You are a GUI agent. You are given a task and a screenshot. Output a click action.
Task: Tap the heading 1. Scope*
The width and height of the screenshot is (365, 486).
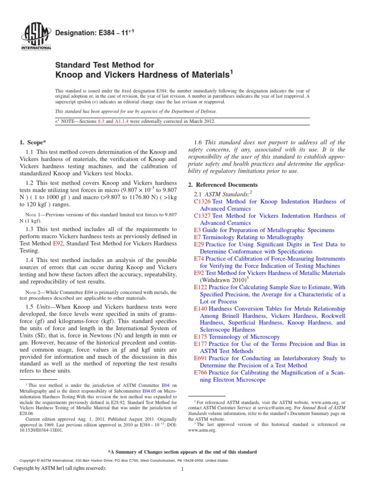coord(34,142)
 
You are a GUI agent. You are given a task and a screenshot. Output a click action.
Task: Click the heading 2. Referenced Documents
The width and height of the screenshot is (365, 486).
coord(226,185)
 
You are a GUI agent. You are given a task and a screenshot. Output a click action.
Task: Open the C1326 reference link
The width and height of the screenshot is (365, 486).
coord(202,201)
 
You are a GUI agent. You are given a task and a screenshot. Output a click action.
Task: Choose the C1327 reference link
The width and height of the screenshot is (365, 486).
coord(202,215)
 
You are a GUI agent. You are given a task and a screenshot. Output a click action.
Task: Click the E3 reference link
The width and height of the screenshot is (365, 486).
coord(197,230)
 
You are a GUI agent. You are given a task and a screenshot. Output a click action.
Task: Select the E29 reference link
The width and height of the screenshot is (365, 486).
coord(199,244)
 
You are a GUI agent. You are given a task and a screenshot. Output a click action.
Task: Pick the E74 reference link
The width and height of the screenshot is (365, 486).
coord(199,259)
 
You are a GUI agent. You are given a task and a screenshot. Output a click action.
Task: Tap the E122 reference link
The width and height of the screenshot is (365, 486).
coord(201,287)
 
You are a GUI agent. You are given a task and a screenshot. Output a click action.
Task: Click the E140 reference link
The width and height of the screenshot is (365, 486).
coord(201,308)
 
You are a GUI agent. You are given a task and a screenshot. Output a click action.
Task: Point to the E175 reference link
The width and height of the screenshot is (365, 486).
coord(201,337)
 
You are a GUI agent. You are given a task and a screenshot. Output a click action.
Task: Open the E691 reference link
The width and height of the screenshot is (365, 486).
coord(201,358)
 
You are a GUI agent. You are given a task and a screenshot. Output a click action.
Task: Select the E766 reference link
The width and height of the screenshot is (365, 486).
coord(201,373)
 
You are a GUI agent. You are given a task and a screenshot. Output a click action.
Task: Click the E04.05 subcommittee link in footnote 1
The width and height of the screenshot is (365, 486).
coord(142,392)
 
